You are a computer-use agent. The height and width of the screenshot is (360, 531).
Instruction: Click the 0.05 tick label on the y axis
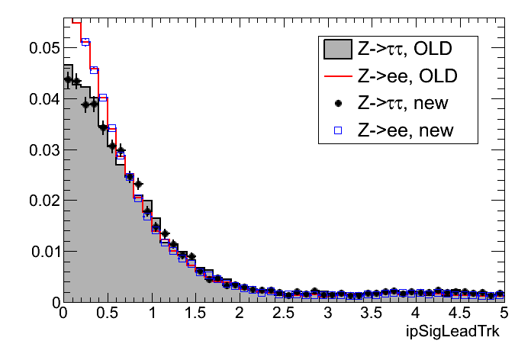pyautogui.click(x=42, y=49)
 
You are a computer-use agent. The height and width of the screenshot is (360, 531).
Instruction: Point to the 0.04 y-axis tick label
pyautogui.click(x=42, y=99)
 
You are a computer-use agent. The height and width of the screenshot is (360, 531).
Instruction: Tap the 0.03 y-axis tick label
pyautogui.click(x=42, y=150)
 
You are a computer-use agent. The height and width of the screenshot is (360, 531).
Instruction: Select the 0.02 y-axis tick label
pyautogui.click(x=42, y=201)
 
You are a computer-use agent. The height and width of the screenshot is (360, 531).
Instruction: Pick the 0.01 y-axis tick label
pyautogui.click(x=42, y=252)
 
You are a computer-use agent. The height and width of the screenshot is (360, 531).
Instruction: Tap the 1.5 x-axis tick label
pyautogui.click(x=195, y=313)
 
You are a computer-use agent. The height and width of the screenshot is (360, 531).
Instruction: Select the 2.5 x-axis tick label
pyautogui.click(x=284, y=313)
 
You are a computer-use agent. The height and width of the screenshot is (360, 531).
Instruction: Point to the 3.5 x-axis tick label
pyautogui.click(x=372, y=313)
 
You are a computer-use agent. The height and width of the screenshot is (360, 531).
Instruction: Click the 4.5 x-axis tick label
pyautogui.click(x=460, y=313)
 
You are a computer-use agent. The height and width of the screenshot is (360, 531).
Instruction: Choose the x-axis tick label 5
pyautogui.click(x=504, y=313)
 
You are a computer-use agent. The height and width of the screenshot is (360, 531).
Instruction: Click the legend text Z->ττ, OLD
pyautogui.click(x=405, y=50)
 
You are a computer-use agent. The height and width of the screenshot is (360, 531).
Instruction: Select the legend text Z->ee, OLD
pyautogui.click(x=404, y=76)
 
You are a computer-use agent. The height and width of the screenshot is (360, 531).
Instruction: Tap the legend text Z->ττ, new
pyautogui.click(x=405, y=103)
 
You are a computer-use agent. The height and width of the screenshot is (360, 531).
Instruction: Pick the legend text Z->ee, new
pyautogui.click(x=404, y=130)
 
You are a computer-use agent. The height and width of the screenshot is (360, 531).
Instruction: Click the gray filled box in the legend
pyautogui.click(x=336, y=50)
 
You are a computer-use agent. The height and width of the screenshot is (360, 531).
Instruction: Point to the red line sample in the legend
pyautogui.click(x=336, y=76)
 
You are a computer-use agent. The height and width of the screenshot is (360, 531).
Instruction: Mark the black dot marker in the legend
pyautogui.click(x=336, y=103)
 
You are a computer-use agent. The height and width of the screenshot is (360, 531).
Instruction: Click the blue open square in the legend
pyautogui.click(x=336, y=130)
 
